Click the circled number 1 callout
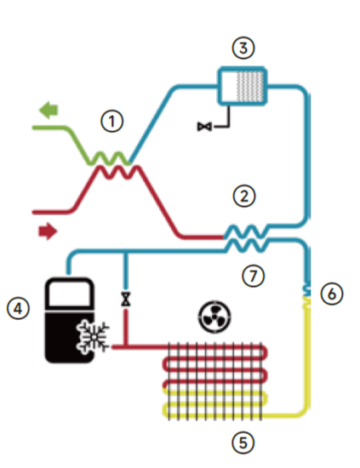pos(112,122)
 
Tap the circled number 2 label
pos(244,196)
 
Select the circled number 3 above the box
pos(243,48)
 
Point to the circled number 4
pos(18,308)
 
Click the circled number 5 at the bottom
pos(243,442)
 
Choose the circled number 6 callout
pos(332,294)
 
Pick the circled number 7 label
pos(253,276)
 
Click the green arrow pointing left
pos(49,110)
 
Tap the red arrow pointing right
pos(48,231)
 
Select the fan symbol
pos(214,317)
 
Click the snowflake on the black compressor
pos(93,337)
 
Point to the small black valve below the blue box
pos(205,127)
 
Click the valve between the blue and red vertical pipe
pos(126,299)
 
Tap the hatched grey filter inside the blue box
pos(250,86)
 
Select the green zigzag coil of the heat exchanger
pos(109,158)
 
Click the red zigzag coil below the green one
pos(119,173)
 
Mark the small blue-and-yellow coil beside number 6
pos(307,296)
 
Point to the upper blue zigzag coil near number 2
pos(246,231)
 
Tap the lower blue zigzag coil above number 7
pos(247,246)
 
